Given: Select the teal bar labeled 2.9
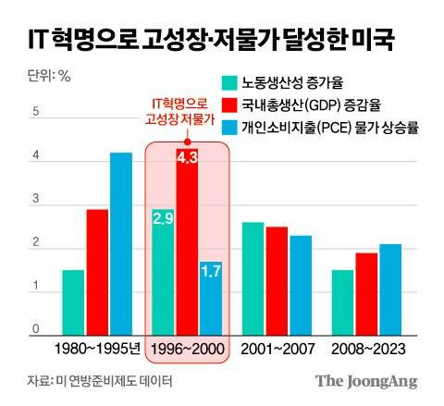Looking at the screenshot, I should (164, 273).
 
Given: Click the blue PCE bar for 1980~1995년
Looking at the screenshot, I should (121, 244).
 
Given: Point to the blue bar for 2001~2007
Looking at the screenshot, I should (301, 286).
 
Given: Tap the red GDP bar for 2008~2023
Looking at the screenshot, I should (366, 295).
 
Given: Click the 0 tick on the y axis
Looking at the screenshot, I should (36, 330).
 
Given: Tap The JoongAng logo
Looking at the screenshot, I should (366, 381).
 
